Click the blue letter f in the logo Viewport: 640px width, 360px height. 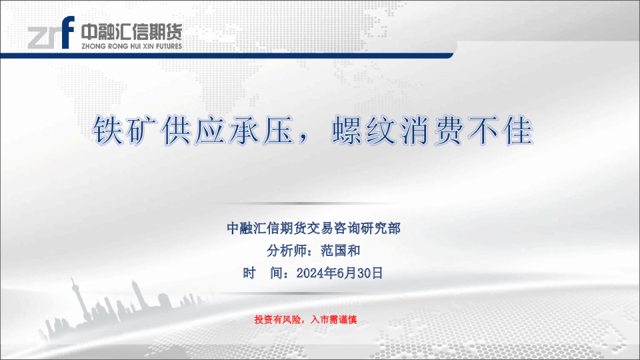[68, 33]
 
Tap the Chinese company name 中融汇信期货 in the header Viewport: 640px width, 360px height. [131, 32]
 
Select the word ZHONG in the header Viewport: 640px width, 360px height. [93, 47]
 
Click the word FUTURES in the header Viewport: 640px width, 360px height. [169, 47]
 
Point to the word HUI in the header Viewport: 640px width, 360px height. [135, 47]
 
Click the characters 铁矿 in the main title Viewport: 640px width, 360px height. [127, 131]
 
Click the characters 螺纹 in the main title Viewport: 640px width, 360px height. [365, 131]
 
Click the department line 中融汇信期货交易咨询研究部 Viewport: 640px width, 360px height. [313, 228]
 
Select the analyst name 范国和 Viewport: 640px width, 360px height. [341, 251]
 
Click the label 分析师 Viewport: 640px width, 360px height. [286, 251]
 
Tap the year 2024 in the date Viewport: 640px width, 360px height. [309, 273]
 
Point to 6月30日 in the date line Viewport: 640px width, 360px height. [359, 273]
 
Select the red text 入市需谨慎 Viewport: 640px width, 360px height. [333, 319]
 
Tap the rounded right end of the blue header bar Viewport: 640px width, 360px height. [451, 55]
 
